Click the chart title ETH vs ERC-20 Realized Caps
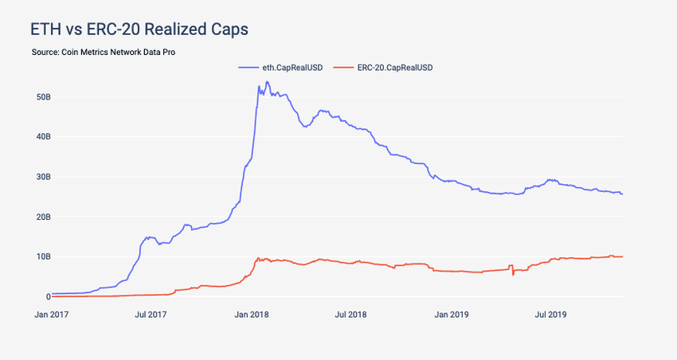point(139,29)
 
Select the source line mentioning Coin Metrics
point(104,52)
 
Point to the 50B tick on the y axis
point(44,97)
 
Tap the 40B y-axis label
point(44,137)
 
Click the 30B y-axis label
point(44,177)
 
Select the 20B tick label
point(44,217)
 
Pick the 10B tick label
point(44,256)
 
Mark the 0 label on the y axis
point(48,296)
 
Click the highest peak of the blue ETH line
point(257,83)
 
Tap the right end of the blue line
point(622,194)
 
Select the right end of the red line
point(622,256)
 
